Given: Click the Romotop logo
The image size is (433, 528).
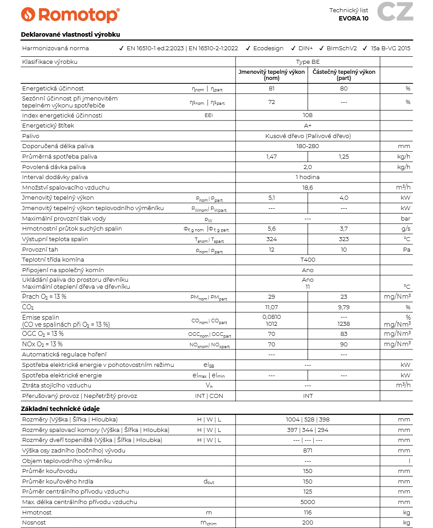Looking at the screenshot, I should coord(70,15).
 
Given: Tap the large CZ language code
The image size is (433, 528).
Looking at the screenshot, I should coord(395,12).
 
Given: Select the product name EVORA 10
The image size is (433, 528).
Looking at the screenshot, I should coord(353,18).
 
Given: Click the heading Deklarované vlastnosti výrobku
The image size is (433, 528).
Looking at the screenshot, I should coord(70,35).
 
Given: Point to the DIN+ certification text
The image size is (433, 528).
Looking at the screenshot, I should coord(305,48).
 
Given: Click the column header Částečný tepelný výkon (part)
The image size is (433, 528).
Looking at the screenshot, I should coord(344,75).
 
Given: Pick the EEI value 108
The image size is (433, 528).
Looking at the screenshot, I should coord(308,115).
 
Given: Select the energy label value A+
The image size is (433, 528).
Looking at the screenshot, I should coord(308,126).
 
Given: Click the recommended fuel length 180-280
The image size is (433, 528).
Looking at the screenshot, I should coord(308,146).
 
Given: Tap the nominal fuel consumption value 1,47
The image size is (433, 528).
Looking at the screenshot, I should coord(271,157).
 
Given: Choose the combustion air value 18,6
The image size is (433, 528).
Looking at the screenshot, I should coord(308,188).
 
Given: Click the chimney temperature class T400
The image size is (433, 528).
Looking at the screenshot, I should coord(308,260).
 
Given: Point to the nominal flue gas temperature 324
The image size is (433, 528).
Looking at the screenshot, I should coord(271,239).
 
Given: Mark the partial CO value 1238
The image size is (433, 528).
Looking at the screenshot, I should coord(344,324).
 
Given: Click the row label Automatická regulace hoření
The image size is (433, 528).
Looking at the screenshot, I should coord(64,355).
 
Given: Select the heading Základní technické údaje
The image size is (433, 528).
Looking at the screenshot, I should coord(60,409).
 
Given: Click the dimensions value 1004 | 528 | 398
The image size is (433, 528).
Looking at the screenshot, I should coord(308,420).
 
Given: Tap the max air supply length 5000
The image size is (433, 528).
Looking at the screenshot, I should coord(308,502).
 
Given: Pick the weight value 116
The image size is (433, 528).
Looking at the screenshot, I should coord(308,513).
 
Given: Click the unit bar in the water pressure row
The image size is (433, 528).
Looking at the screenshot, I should coord(406,219).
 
